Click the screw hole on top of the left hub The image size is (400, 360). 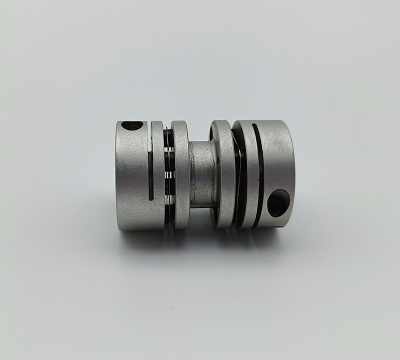[132, 127]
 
